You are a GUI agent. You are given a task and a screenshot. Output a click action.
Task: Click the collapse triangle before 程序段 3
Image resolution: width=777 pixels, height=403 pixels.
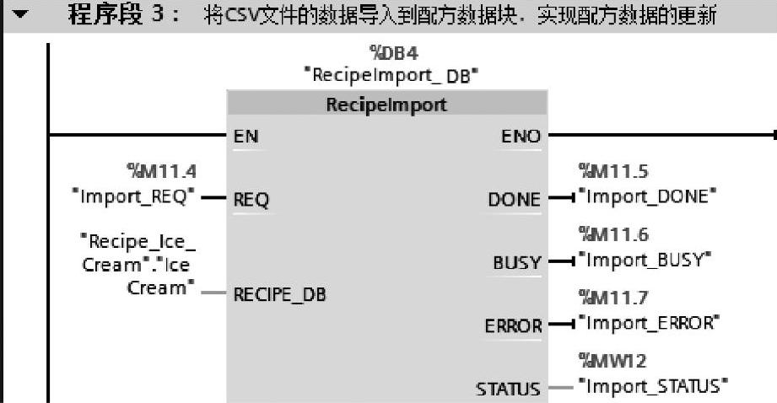pos(18,16)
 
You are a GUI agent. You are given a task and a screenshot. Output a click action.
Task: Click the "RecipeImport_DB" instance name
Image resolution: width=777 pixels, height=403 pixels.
pos(391,75)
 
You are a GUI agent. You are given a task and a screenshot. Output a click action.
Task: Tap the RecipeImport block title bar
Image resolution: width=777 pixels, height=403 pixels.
pos(387,105)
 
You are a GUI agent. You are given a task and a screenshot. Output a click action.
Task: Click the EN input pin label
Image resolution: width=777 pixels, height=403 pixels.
pos(246,137)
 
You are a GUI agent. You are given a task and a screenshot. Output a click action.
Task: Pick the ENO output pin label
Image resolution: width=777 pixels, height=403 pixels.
pos(520,137)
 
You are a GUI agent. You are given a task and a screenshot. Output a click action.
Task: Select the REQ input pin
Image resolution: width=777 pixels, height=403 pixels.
pos(251,201)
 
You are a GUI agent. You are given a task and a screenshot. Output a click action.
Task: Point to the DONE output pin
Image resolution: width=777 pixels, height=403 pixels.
pos(514,200)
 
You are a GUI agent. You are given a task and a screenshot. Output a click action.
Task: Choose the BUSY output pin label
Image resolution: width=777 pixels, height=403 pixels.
pos(516,263)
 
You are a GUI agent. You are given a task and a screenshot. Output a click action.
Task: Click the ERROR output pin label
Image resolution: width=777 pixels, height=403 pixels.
pos(512,325)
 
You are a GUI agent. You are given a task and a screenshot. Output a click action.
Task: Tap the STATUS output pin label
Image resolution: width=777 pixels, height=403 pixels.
pos(508,389)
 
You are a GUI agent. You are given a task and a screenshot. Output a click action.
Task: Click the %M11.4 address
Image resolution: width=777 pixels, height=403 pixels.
pos(161,173)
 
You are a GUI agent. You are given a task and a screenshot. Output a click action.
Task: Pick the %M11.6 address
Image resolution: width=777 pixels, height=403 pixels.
pos(612,235)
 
